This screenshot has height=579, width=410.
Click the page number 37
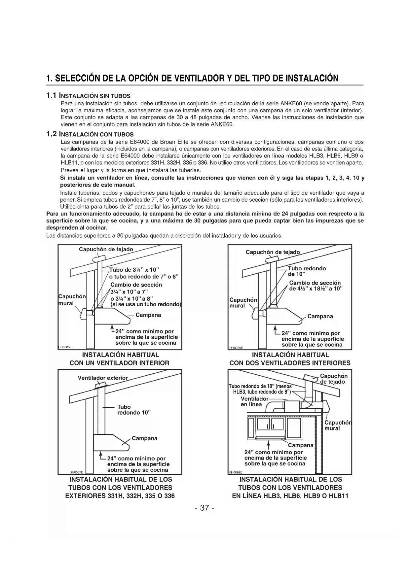205,508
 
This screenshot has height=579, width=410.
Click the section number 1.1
52,96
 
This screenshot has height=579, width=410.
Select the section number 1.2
52,134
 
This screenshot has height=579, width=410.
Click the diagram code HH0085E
65,347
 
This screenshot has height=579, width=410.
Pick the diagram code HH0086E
236,348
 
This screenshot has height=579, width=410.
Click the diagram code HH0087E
76,472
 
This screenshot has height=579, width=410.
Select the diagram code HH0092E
235,472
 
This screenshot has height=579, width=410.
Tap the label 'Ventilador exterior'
102,378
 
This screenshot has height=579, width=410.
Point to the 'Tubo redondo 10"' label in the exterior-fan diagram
134,410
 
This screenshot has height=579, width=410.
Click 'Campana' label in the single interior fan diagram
148,315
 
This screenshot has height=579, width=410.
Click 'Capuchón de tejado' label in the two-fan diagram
273,252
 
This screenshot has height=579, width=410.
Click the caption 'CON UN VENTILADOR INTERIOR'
119,363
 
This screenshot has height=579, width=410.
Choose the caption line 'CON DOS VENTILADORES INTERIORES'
290,363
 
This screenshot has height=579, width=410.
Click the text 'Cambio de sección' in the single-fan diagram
136,285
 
